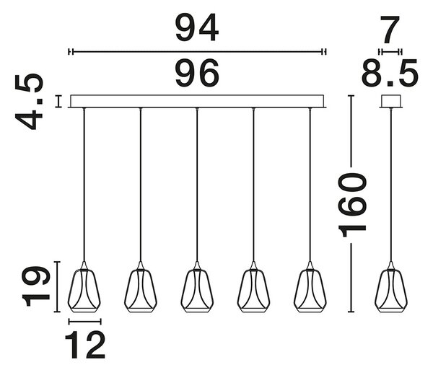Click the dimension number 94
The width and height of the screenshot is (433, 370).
[197, 28]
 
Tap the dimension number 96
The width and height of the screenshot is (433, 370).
[197, 73]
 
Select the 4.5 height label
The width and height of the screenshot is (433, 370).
[30, 101]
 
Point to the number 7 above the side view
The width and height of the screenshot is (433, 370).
[390, 30]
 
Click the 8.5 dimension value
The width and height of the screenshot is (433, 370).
[390, 73]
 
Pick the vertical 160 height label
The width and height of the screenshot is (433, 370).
[352, 205]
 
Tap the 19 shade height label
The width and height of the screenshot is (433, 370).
[35, 286]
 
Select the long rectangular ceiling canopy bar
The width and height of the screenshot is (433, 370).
[197, 101]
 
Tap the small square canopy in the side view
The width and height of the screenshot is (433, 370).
[390, 101]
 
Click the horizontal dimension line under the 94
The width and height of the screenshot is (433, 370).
[197, 52]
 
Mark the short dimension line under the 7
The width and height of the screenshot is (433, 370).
[390, 52]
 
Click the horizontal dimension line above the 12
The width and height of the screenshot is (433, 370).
[85, 322]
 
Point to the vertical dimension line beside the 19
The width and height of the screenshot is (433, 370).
[57, 286]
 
